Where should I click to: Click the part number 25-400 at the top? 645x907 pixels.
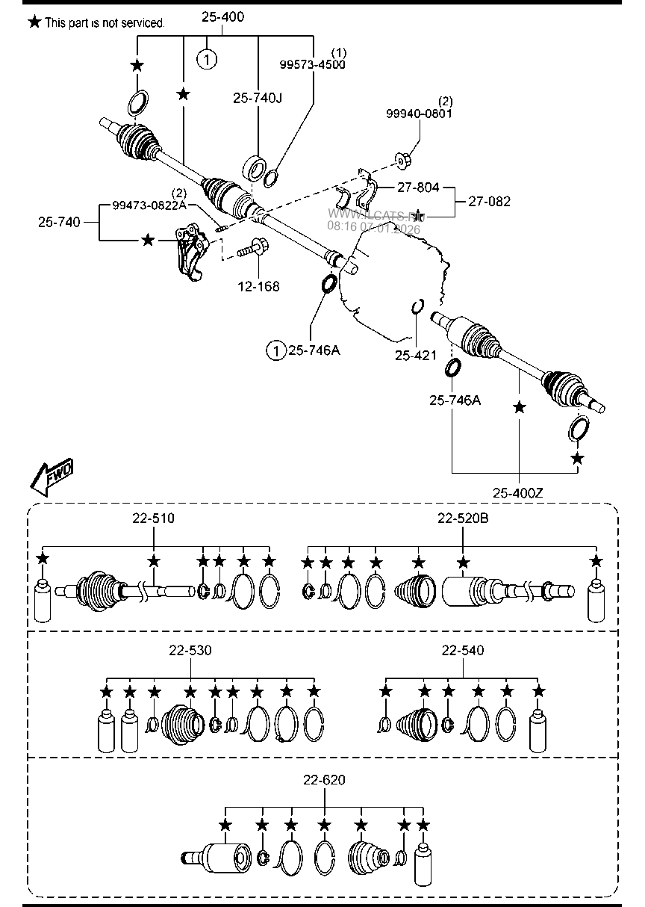[222, 16]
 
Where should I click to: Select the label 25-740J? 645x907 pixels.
[257, 97]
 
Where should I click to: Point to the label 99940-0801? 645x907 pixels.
[419, 114]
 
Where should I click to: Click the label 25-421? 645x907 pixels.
[415, 355]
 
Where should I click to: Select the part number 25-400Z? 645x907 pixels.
[518, 492]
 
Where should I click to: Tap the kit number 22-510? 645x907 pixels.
[153, 518]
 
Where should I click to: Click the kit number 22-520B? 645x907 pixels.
[463, 518]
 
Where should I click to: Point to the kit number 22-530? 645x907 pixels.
[190, 651]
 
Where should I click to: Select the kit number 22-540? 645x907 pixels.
[462, 651]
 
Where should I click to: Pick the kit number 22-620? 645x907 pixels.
[324, 780]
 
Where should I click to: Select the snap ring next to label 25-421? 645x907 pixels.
[418, 306]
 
